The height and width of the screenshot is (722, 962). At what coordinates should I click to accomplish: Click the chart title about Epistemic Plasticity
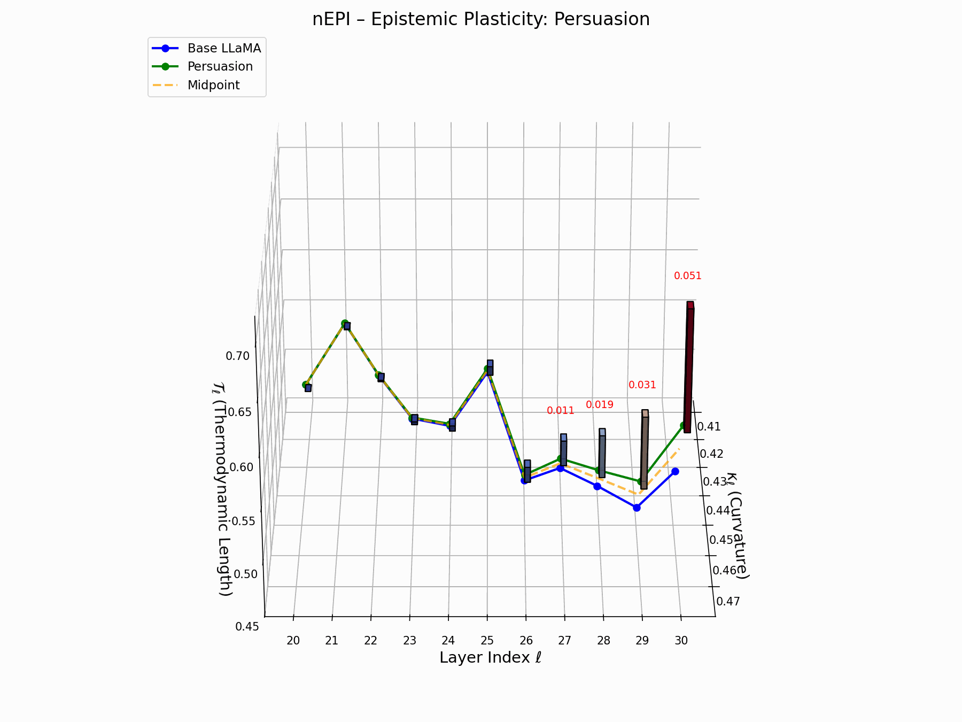coord(481,19)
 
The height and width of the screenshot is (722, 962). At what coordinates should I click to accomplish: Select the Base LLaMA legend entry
coord(224,48)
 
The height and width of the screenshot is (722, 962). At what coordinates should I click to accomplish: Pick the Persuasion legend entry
coord(220,66)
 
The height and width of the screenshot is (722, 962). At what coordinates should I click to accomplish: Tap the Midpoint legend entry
coord(213,85)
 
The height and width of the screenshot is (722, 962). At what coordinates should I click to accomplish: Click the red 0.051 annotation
coord(687,276)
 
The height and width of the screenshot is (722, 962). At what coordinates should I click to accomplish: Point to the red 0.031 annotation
coord(642,385)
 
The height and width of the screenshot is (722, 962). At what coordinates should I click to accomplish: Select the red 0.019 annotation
coord(600,405)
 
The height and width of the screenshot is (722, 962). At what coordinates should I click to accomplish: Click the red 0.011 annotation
coord(560,411)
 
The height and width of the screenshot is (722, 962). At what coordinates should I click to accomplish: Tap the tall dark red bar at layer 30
coord(689,369)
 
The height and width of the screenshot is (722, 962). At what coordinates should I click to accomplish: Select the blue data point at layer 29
coord(637,508)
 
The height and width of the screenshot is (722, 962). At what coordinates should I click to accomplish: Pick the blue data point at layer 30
coord(675,471)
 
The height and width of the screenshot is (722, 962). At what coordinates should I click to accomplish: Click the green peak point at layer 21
coord(345,324)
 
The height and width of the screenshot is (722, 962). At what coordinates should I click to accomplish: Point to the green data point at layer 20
coord(306,385)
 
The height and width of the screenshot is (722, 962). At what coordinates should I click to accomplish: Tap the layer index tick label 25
coord(487,641)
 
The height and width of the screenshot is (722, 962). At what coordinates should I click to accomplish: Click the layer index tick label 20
coord(293,641)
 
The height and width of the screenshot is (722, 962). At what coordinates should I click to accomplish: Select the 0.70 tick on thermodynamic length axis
coord(237,356)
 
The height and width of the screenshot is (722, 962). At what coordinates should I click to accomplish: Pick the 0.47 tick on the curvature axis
coord(728,601)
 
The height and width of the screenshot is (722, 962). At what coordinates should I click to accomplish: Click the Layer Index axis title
coord(490,658)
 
